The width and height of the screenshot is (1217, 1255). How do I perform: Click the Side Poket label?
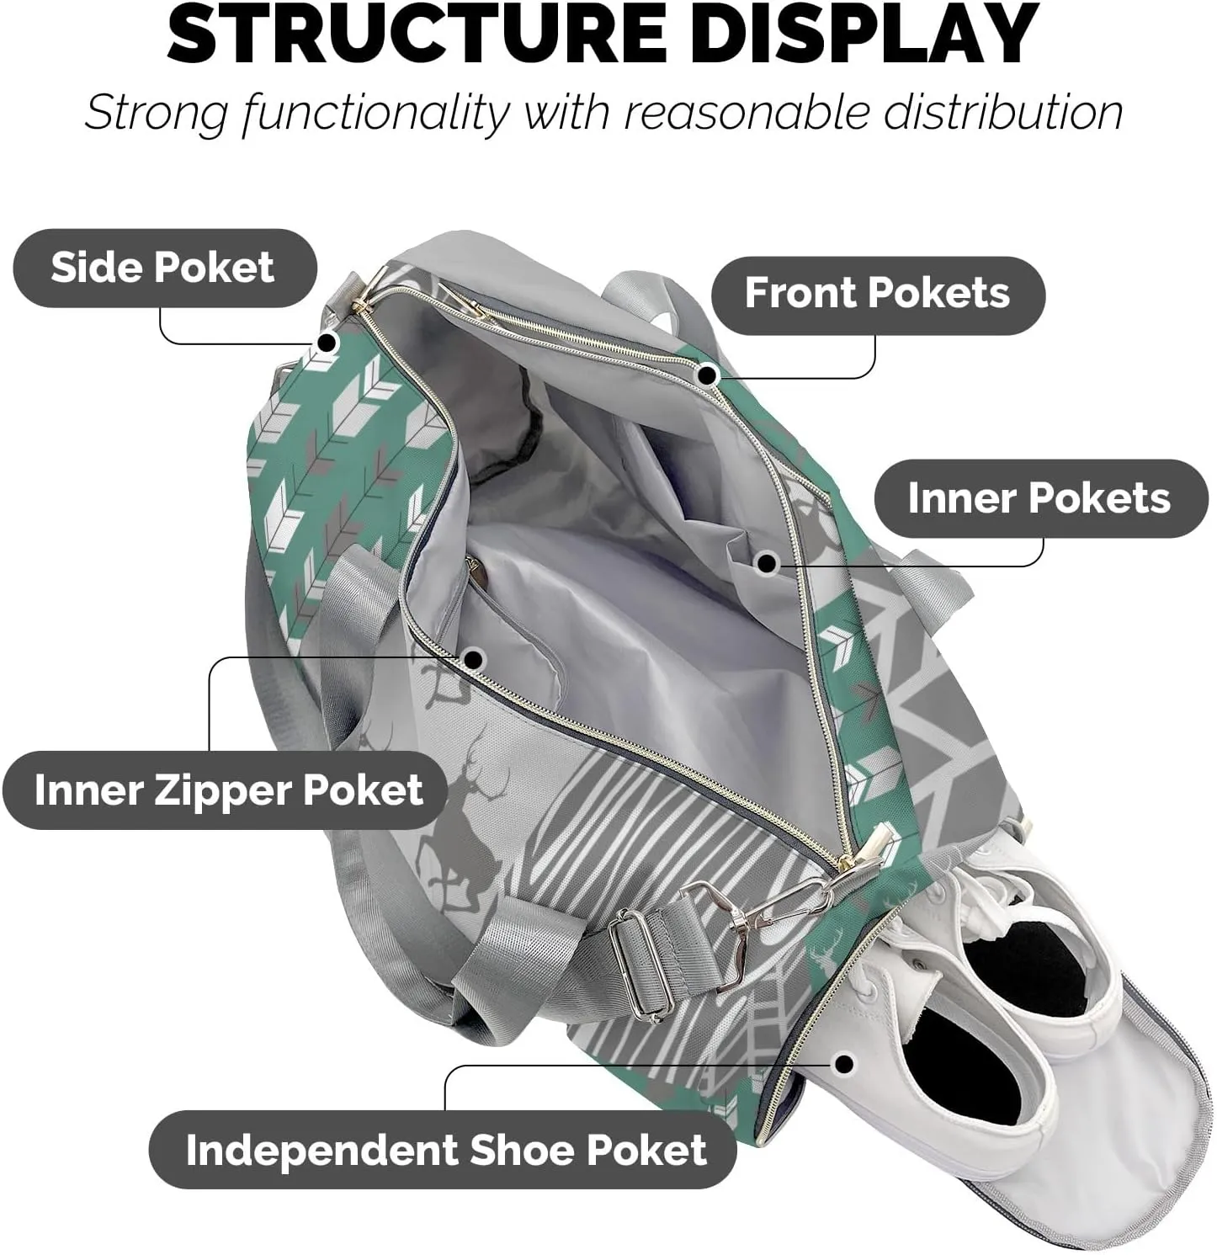tap(164, 268)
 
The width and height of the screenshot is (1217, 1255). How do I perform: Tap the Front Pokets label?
tap(877, 293)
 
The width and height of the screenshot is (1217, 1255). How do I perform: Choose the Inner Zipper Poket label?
tap(226, 790)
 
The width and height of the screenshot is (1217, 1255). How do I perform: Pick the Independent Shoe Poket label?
tap(444, 1150)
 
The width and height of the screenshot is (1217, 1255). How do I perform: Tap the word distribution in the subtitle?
tap(1002, 112)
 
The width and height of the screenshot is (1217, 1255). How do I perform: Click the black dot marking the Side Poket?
tap(327, 343)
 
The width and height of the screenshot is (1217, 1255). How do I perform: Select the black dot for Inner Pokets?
tap(766, 563)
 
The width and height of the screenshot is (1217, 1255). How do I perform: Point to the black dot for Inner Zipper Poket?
tap(474, 660)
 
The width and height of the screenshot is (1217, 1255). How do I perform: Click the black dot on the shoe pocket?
tap(844, 1064)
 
